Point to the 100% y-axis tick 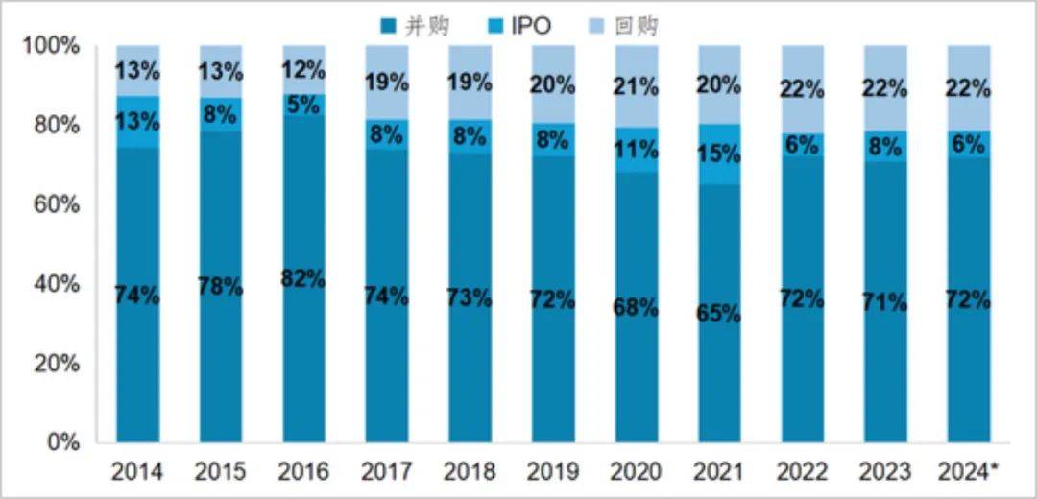click(x=56, y=46)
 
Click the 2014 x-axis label click(x=136, y=472)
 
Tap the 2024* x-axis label click(x=969, y=472)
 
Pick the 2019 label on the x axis click(x=553, y=472)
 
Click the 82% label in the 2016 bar click(x=303, y=280)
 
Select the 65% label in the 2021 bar click(x=719, y=313)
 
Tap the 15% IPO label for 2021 click(x=719, y=154)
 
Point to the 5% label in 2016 click(x=303, y=105)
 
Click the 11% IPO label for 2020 click(x=637, y=150)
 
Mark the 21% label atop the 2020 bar click(x=637, y=87)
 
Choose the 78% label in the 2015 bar click(x=220, y=287)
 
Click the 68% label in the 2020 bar click(x=637, y=308)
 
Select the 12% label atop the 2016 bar click(x=303, y=70)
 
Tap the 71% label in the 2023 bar click(x=885, y=303)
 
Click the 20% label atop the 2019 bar click(x=553, y=85)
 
